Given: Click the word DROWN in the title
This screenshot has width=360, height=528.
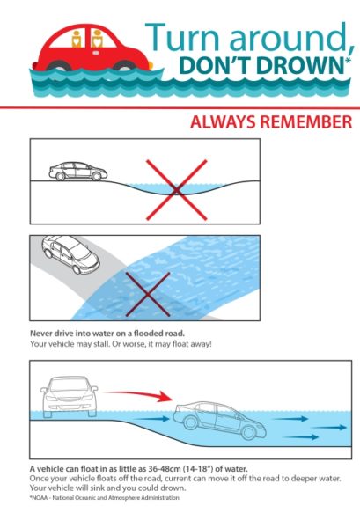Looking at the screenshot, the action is (x=300, y=65).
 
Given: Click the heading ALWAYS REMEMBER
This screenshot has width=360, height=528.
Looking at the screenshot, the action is (x=271, y=122).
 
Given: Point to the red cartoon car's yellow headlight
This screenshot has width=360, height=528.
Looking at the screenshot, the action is (x=150, y=65).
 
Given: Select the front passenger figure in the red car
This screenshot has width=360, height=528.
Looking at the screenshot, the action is (x=98, y=39).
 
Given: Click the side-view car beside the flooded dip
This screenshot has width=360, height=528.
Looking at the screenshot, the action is (x=78, y=171).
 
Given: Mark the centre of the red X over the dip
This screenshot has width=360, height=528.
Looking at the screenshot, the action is (x=176, y=190).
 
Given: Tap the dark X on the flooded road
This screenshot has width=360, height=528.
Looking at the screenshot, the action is (x=148, y=294).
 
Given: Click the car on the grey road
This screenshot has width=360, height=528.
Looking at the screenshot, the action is (x=70, y=254).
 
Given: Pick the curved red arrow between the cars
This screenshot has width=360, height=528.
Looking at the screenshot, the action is (x=140, y=393).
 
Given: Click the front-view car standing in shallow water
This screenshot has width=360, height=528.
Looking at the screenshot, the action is (x=69, y=397).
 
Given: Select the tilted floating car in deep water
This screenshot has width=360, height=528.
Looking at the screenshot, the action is (x=219, y=420).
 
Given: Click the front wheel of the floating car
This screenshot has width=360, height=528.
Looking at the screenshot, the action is (x=249, y=432).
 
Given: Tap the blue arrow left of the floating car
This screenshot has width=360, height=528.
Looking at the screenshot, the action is (x=151, y=419).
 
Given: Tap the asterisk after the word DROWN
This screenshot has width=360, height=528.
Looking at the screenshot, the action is (x=348, y=60).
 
